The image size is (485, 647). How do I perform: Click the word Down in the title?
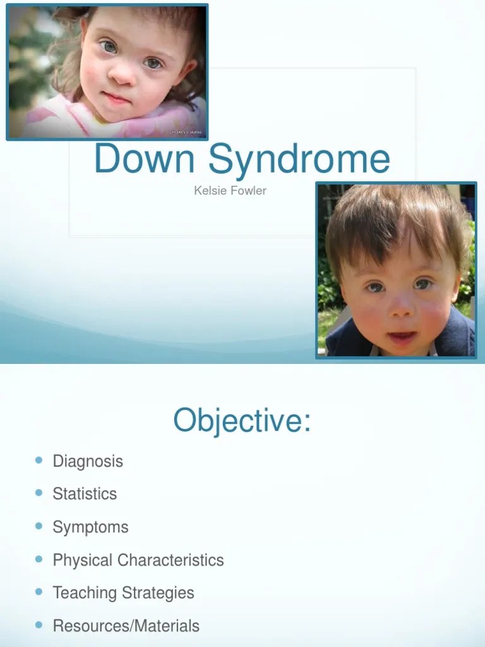click(144, 159)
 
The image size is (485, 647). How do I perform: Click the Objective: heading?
click(242, 420)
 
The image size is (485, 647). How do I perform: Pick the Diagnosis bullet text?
click(88, 461)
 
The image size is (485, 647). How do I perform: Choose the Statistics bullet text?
click(85, 494)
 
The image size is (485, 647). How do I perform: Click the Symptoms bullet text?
click(90, 527)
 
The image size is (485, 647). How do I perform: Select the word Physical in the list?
click(83, 560)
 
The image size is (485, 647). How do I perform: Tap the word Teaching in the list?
click(83, 593)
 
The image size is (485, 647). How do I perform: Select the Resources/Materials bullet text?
click(126, 626)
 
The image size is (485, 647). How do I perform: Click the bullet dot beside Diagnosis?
click(39, 460)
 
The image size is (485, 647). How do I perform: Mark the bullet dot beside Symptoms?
click(39, 526)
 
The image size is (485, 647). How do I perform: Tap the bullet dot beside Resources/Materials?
click(39, 625)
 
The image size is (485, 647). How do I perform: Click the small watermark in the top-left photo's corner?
click(187, 132)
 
